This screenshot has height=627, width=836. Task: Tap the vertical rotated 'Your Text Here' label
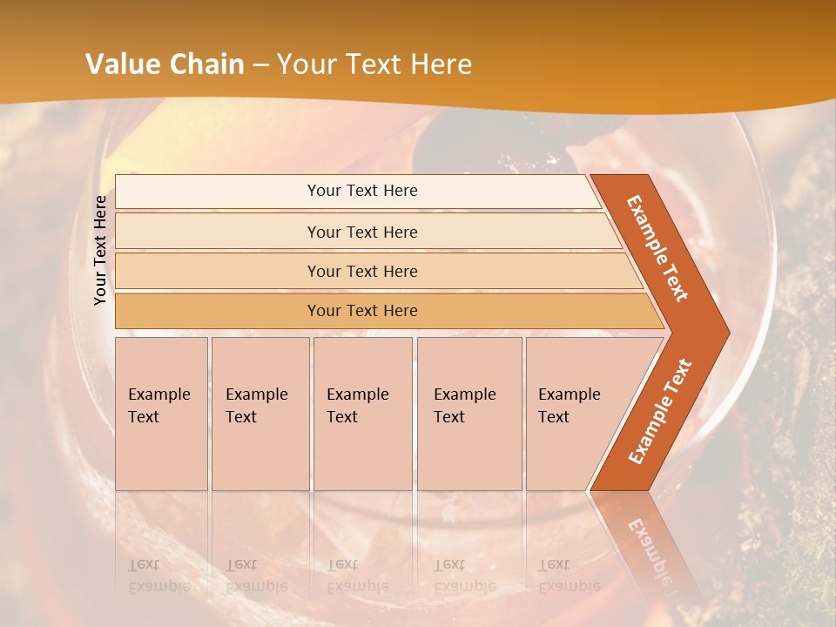(100, 250)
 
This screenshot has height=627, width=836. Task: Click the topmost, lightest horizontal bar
(361, 191)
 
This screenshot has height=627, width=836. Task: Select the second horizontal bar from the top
(361, 232)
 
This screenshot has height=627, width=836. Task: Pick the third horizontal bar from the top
(361, 271)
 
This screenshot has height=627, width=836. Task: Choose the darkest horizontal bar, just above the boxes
(361, 311)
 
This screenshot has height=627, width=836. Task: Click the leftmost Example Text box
(161, 414)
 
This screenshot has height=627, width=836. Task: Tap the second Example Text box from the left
(260, 414)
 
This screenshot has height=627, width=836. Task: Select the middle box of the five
(362, 414)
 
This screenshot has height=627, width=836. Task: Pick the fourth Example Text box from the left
(469, 414)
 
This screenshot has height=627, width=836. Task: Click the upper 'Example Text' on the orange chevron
(658, 248)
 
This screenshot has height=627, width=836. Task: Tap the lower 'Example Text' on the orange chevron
(660, 411)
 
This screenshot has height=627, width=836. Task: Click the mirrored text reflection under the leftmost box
(158, 576)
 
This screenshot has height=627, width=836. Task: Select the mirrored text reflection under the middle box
(357, 576)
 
